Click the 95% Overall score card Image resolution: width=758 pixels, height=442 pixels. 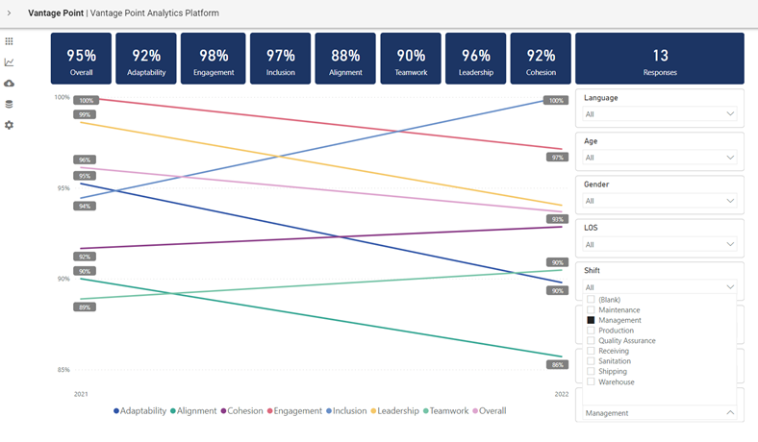pyautogui.click(x=81, y=59)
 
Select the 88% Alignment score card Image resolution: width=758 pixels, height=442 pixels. pyautogui.click(x=345, y=59)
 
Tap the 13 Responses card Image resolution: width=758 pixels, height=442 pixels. pyautogui.click(x=659, y=59)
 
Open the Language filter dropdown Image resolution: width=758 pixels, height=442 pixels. pyautogui.click(x=659, y=114)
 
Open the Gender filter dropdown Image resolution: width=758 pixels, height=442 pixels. pyautogui.click(x=659, y=201)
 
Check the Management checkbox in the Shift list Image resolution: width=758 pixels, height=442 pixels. pyautogui.click(x=592, y=320)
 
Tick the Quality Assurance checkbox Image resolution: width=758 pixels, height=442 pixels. pyautogui.click(x=592, y=341)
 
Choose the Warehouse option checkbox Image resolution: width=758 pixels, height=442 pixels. pyautogui.click(x=592, y=382)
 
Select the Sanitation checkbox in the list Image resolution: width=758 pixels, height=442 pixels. pyautogui.click(x=592, y=361)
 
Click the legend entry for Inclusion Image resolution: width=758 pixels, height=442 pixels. pyautogui.click(x=345, y=411)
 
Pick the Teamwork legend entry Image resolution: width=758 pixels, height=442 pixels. pyautogui.click(x=446, y=411)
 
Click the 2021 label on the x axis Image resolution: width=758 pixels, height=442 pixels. pyautogui.click(x=81, y=394)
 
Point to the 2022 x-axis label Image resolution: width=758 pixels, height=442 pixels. pyautogui.click(x=562, y=394)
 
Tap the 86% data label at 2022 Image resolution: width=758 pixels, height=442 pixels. pyautogui.click(x=557, y=365)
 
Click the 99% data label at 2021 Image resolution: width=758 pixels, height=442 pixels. pyautogui.click(x=85, y=114)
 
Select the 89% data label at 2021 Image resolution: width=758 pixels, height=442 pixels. pyautogui.click(x=85, y=307)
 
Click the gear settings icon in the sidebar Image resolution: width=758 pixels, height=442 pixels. pyautogui.click(x=10, y=126)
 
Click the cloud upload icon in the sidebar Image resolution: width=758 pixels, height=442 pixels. pyautogui.click(x=10, y=84)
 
